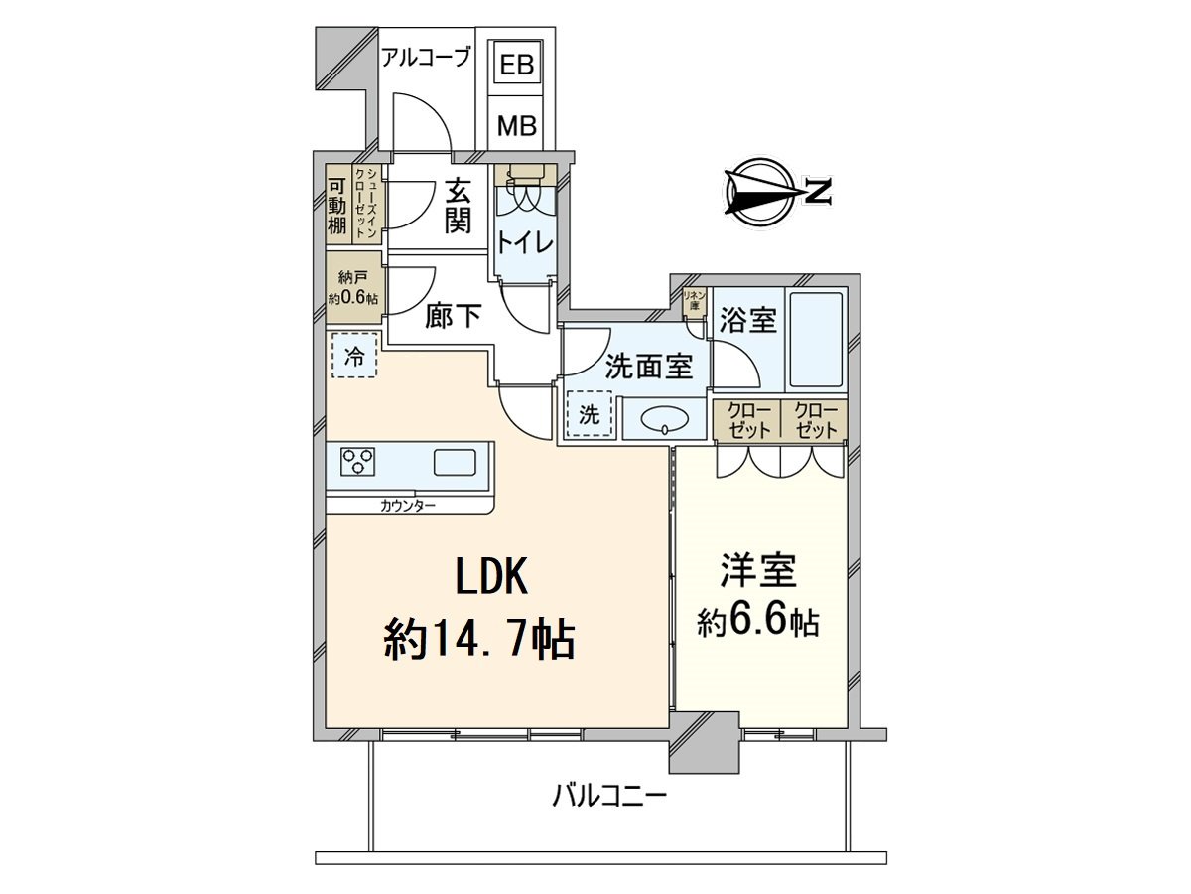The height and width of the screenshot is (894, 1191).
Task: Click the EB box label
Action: tap(516, 67)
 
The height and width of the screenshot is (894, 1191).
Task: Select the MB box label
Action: tap(516, 126)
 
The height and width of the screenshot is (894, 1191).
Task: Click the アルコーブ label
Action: tap(426, 58)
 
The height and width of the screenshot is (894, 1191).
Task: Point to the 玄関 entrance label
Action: tap(457, 204)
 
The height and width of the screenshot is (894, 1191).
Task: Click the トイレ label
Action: tap(525, 243)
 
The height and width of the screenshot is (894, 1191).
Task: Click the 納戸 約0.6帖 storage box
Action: tap(352, 289)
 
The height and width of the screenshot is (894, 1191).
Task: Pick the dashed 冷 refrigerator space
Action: tap(353, 357)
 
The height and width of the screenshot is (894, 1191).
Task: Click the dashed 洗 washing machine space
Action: tap(589, 416)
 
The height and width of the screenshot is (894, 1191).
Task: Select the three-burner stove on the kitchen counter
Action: tap(358, 463)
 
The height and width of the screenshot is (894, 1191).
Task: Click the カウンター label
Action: tap(407, 506)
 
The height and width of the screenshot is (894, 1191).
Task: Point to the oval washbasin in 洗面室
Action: tap(662, 420)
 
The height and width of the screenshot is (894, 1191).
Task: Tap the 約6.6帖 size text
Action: tap(758, 621)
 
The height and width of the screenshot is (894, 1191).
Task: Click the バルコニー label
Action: tap(609, 796)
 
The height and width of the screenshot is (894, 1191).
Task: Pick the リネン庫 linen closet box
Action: tap(694, 301)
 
